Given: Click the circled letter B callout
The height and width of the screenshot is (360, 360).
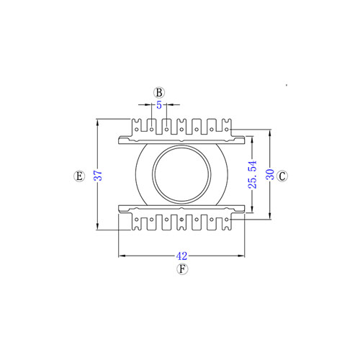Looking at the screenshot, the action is pos(159,93).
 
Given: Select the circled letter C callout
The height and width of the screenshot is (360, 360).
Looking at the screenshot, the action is pos(282,176).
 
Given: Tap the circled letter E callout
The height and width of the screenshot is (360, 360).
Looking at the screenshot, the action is pos(79,176).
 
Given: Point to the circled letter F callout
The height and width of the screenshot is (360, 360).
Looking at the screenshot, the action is pos(182,269).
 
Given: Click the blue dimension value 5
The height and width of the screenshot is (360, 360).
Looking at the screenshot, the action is pos(159,105).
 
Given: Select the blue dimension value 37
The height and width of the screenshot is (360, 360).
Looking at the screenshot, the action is pos(98,176).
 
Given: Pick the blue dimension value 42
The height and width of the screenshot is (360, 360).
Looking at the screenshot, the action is pos(181,256).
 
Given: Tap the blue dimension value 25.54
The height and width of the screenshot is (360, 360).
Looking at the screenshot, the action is pos(253,174).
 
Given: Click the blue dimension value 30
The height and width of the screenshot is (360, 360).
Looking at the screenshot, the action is pos(270,174).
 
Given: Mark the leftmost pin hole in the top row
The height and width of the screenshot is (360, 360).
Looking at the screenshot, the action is pos(137,130).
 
